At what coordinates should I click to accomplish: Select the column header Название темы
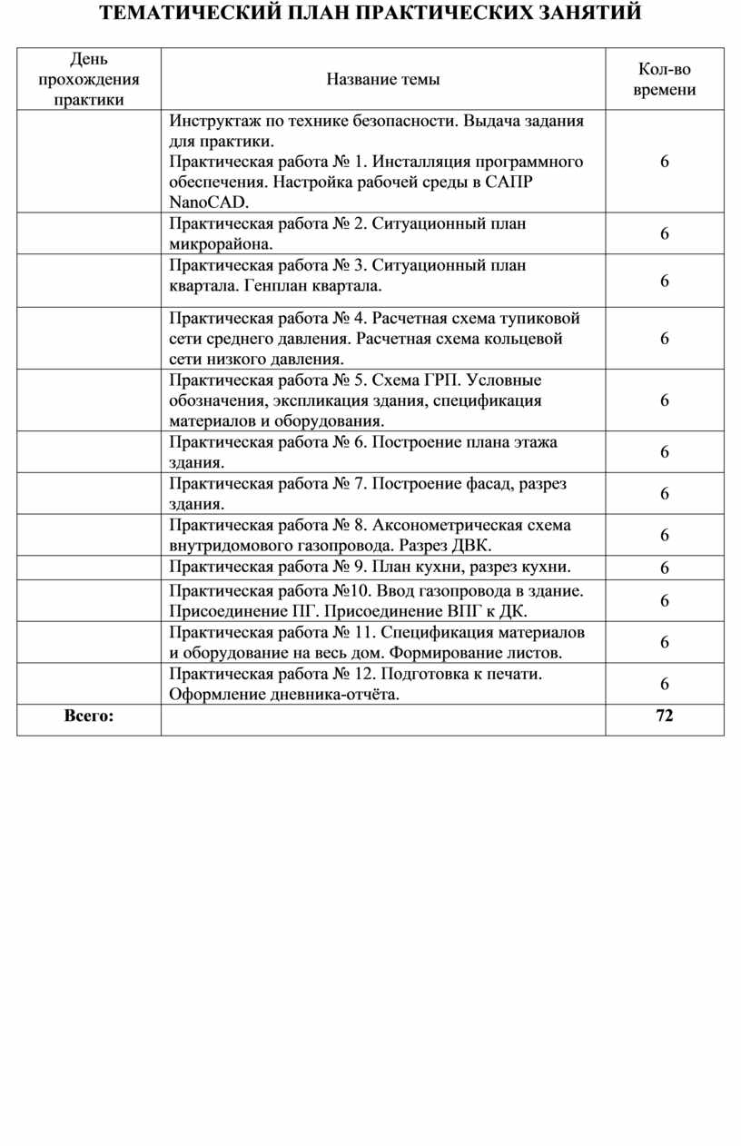pos(383,80)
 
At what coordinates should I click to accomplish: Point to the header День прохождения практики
pos(89,80)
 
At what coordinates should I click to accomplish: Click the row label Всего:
pos(89,716)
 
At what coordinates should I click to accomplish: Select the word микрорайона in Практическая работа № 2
pos(220,243)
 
